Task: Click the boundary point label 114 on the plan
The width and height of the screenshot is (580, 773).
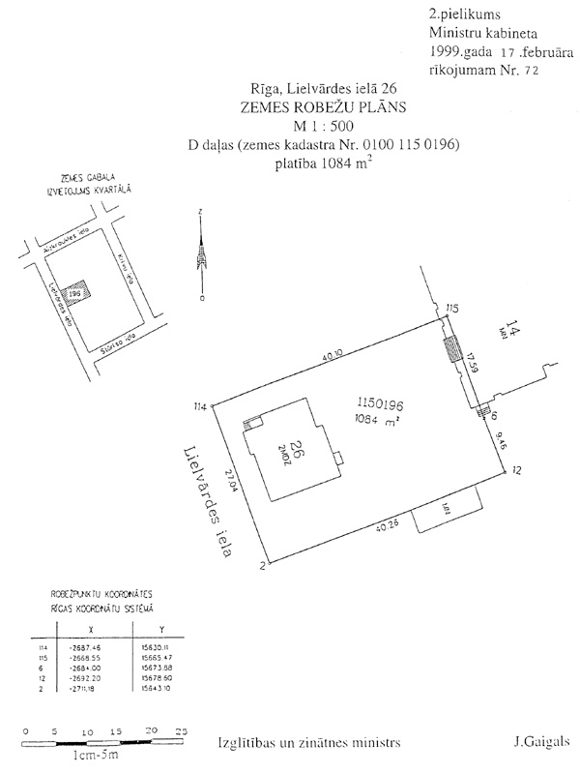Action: click(x=200, y=405)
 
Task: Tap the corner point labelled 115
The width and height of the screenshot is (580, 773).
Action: click(x=451, y=309)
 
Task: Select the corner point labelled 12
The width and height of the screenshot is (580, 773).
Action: click(x=517, y=470)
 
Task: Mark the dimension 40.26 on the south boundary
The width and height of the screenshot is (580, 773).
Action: click(x=382, y=526)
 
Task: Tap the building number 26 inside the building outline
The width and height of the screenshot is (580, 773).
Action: click(x=287, y=450)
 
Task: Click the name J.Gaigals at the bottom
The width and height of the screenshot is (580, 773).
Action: click(x=541, y=743)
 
